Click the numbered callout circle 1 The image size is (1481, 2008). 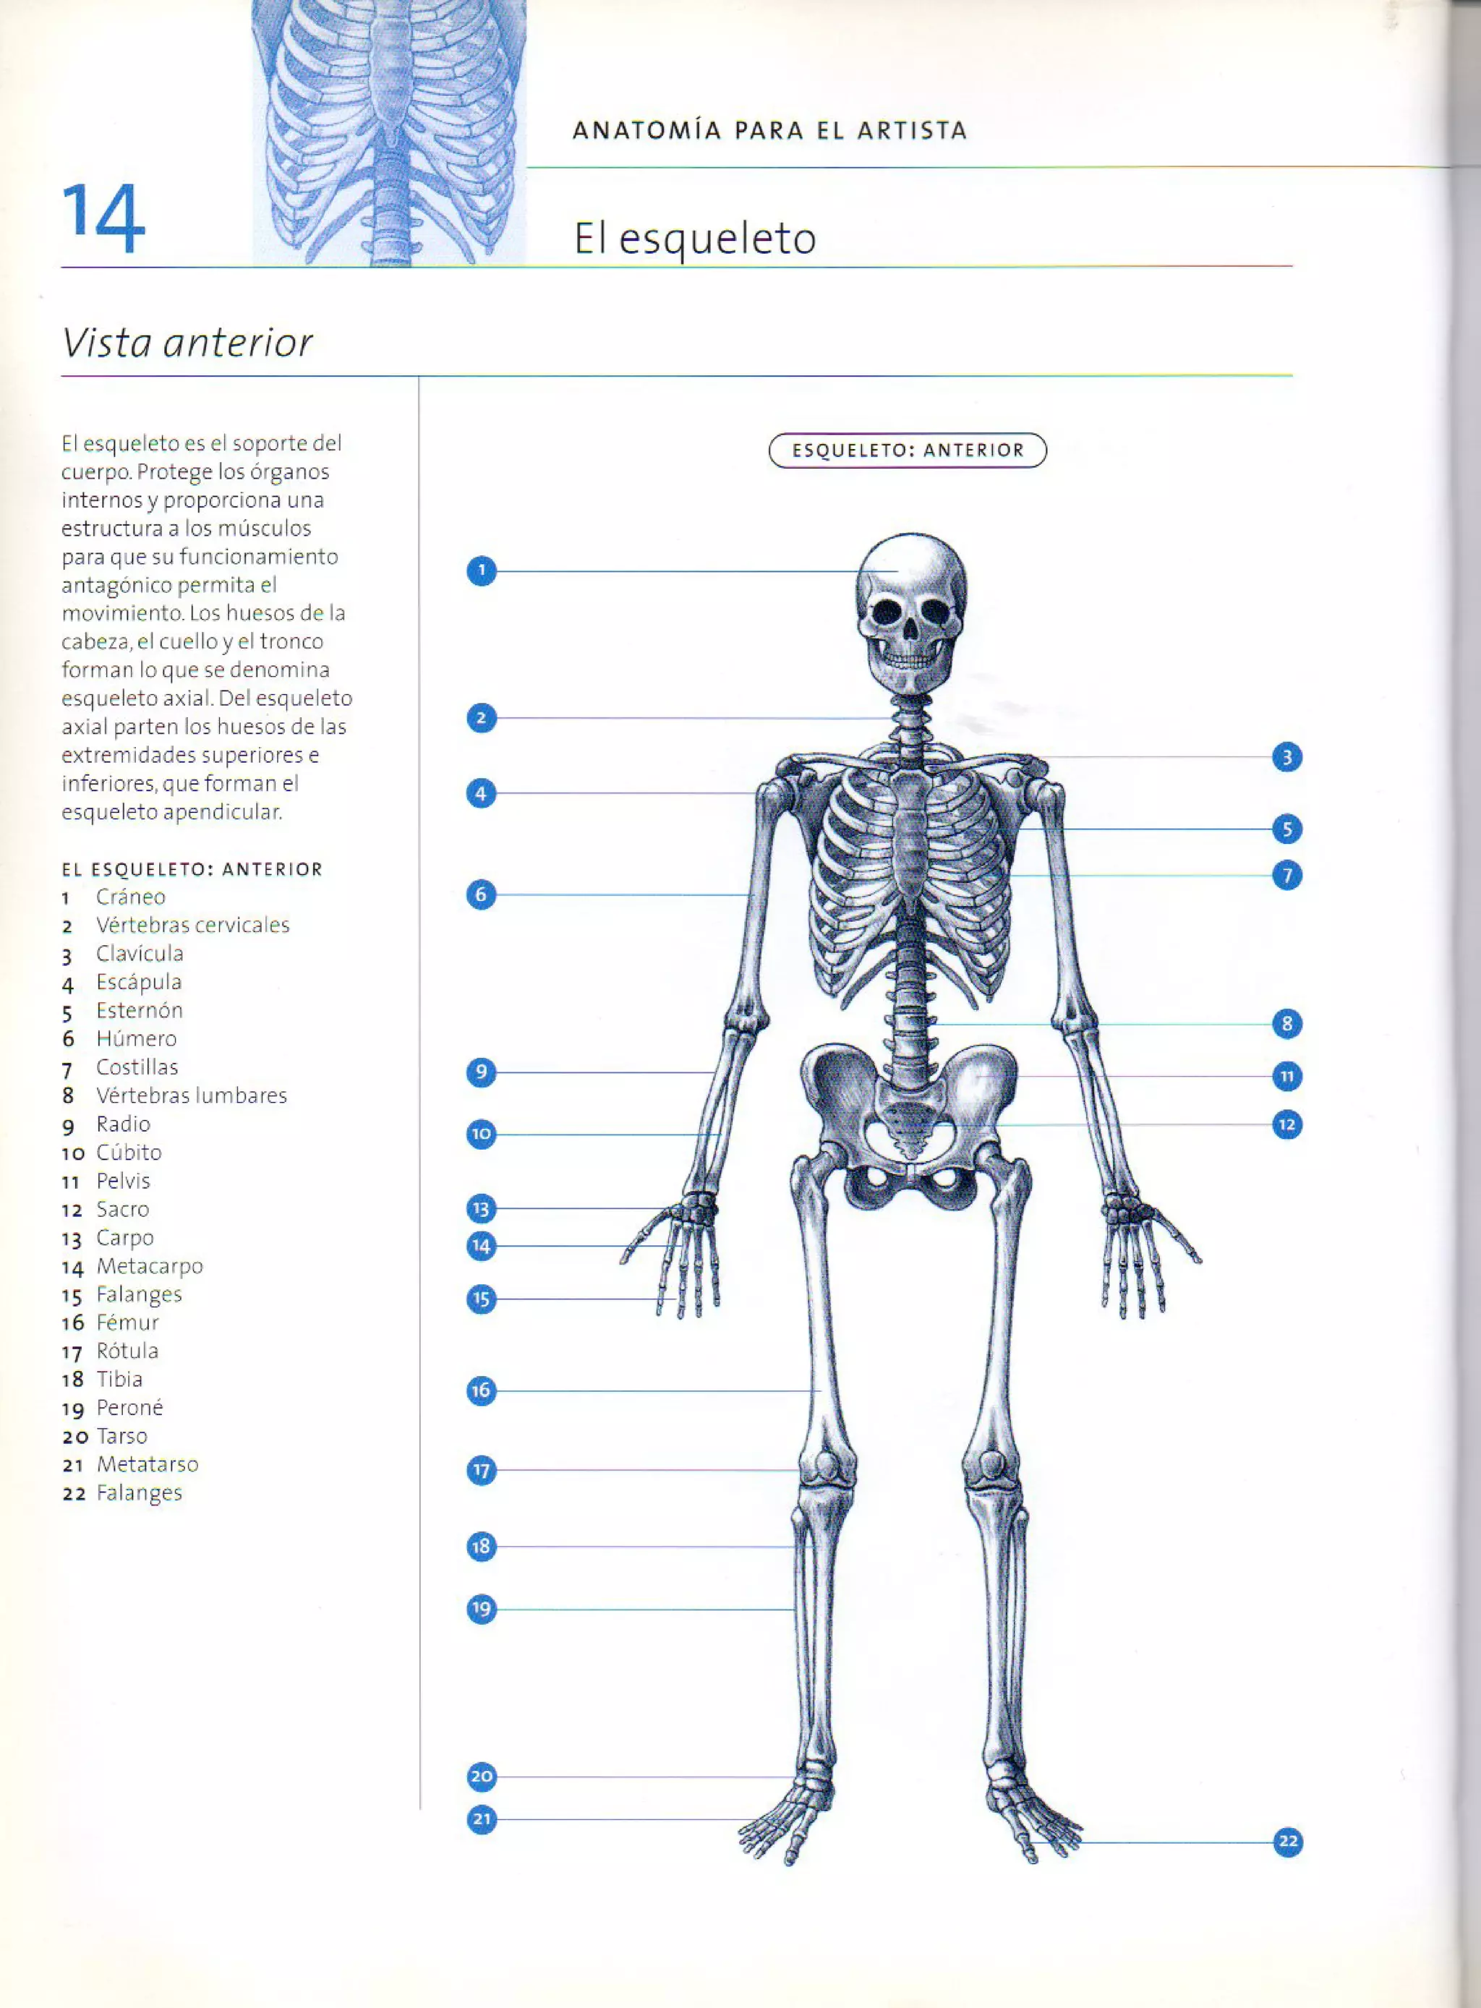482,571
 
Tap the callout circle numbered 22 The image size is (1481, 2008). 1287,1842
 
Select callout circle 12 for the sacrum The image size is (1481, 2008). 1286,1124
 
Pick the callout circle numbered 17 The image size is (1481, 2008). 482,1470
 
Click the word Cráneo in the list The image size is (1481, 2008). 131,897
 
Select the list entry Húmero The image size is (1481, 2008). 136,1039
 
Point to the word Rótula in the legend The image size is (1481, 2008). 127,1351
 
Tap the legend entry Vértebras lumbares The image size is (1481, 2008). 191,1095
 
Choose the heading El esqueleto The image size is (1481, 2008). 695,239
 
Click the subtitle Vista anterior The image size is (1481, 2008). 187,343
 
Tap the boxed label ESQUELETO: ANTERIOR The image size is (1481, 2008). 908,450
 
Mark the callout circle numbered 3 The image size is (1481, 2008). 1286,758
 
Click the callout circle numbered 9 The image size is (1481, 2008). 482,1072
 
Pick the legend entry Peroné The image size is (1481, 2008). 130,1407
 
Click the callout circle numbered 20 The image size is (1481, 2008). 482,1776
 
